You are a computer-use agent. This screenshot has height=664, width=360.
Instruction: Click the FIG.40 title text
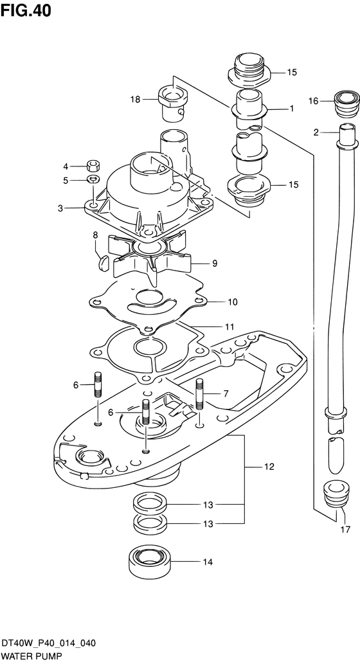point(26,10)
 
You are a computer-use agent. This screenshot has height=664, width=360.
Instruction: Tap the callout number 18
point(135,100)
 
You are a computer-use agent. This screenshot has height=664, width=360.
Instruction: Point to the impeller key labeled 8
point(104,264)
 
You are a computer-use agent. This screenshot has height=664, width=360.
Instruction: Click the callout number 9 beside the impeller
point(215,264)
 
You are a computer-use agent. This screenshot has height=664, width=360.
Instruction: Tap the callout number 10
point(233,302)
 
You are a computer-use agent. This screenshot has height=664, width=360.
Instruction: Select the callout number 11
point(230,327)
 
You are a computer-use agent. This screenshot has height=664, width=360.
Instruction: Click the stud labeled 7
point(199,394)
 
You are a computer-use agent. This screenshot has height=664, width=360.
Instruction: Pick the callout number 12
point(269,467)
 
